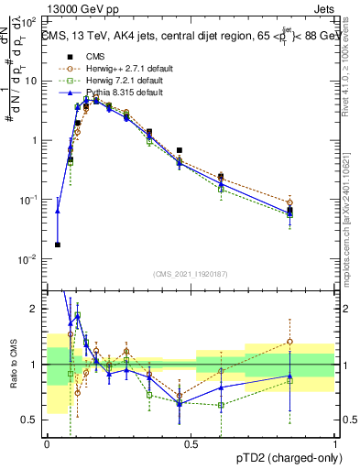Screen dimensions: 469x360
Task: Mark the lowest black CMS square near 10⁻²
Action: click(x=58, y=245)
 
